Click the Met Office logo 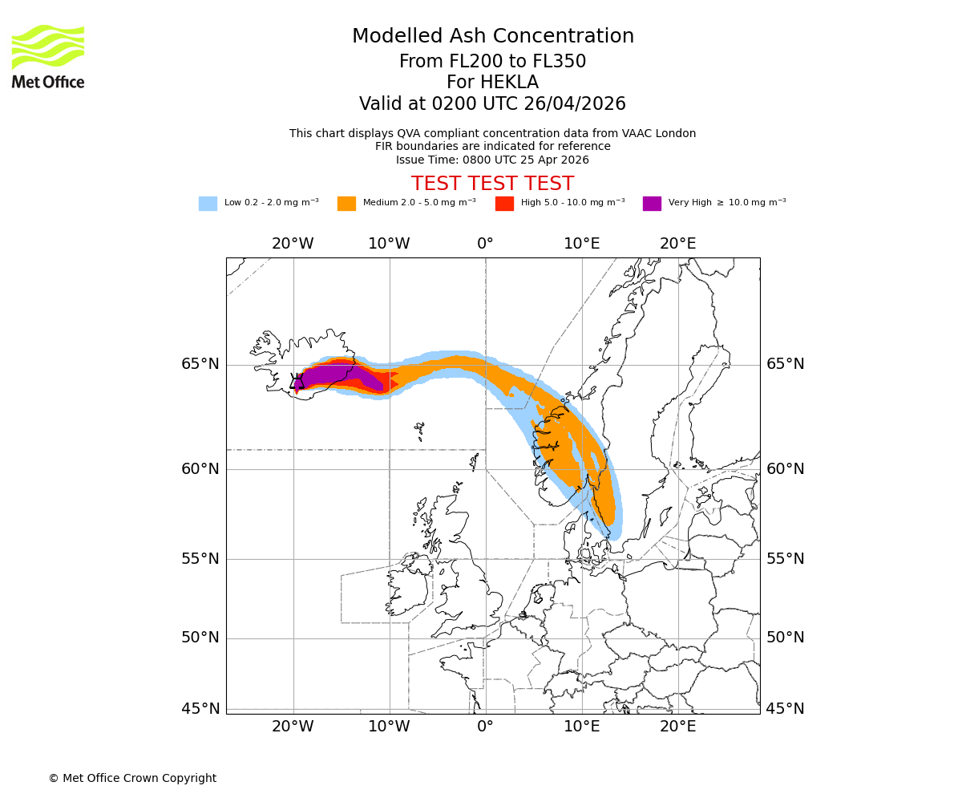pos(48,56)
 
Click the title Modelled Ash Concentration pos(492,37)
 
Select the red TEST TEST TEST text pos(492,184)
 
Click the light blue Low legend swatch pos(208,204)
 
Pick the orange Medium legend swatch pos(346,204)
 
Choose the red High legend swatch pos(504,204)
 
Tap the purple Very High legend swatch pos(652,204)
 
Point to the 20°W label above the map pos(293,244)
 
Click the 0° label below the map pos(485,727)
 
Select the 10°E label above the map pos(581,244)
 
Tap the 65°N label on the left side pos(200,364)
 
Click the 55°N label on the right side pos(786,559)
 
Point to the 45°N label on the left pos(200,709)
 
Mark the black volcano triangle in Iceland pos(297,382)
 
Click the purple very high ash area pos(337,375)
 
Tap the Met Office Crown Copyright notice pos(132,778)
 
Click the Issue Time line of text pos(492,160)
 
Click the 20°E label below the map pos(677,727)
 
